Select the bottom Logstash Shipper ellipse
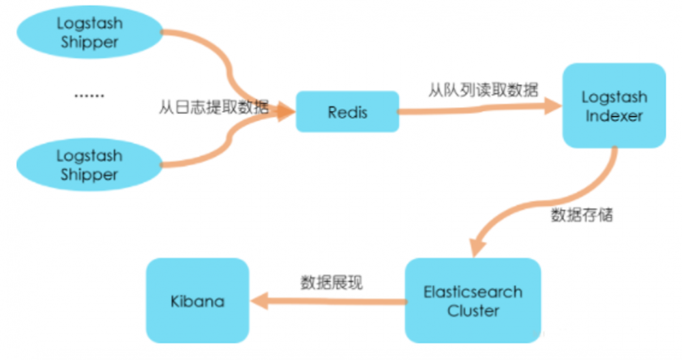point(89,165)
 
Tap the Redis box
point(347,112)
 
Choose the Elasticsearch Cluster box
point(473,301)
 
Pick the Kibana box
point(197,301)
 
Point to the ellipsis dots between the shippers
point(89,96)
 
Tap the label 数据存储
point(582,215)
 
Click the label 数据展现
point(331,282)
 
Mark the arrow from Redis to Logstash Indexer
point(477,108)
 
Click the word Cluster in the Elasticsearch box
point(473,311)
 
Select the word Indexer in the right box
point(614,116)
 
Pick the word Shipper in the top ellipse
point(89,42)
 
